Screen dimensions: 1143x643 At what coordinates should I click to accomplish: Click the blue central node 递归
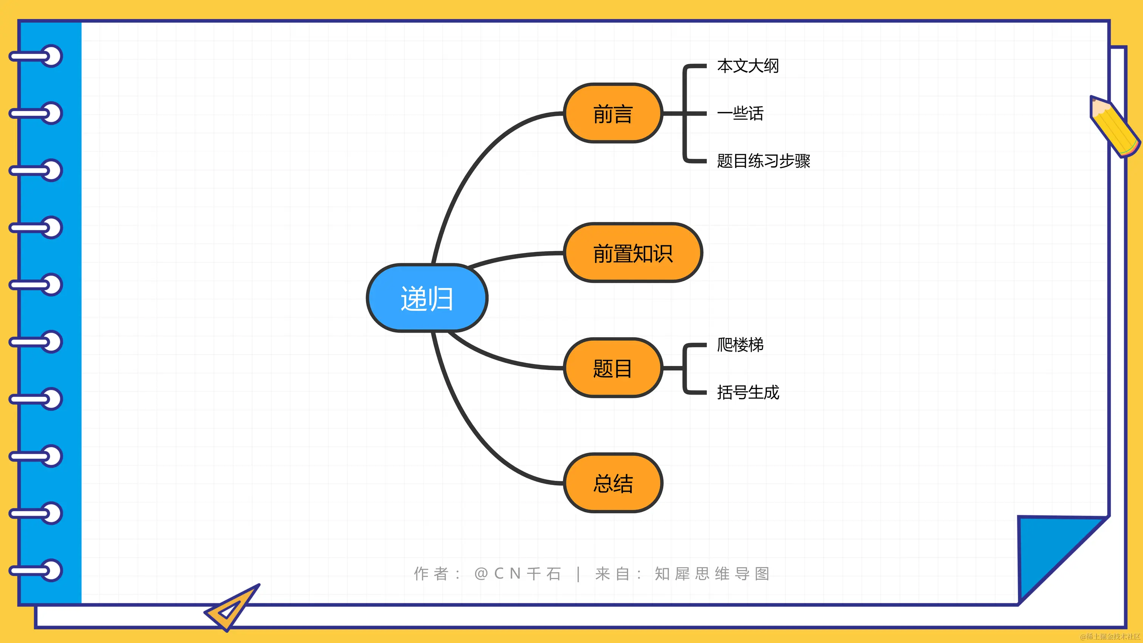[427, 298]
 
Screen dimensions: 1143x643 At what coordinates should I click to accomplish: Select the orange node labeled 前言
[613, 113]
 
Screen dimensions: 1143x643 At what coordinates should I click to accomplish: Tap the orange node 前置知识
[633, 253]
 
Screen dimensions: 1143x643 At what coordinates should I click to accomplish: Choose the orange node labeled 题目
[613, 368]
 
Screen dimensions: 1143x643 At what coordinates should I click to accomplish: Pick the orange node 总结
[613, 483]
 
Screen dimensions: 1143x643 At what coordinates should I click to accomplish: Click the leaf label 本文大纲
[748, 66]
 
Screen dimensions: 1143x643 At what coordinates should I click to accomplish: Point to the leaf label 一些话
[740, 113]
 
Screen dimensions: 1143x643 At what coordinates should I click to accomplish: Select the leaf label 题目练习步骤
[764, 161]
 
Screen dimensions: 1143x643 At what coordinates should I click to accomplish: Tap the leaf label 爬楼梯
[740, 344]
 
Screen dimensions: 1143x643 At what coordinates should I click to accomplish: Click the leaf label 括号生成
[748, 392]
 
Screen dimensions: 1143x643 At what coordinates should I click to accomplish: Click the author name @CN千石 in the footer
[518, 573]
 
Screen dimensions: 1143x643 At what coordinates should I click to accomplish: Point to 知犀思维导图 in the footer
[712, 573]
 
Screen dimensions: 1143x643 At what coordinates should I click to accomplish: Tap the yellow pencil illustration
[1115, 127]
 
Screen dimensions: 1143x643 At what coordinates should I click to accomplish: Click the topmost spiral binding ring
[36, 56]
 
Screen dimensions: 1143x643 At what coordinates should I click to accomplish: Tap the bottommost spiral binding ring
[36, 570]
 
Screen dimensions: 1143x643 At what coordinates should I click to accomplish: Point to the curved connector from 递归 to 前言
[470, 164]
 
